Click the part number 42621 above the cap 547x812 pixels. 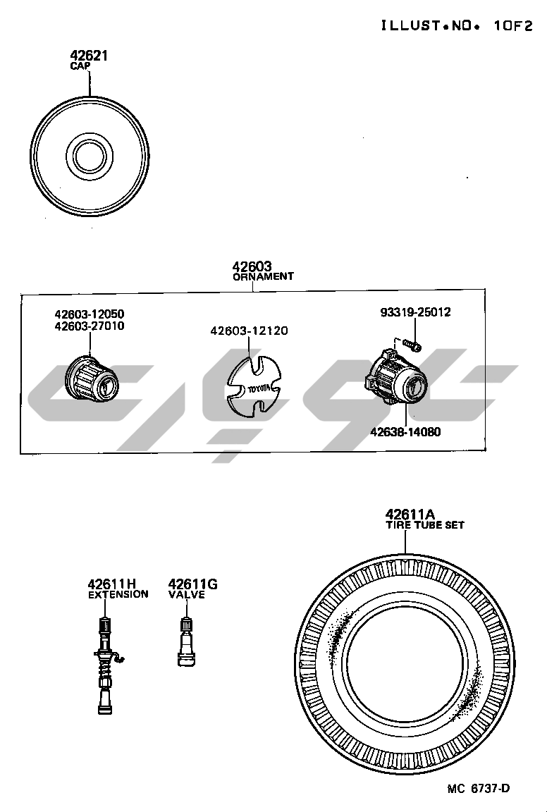[89, 56]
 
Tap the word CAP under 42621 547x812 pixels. [80, 66]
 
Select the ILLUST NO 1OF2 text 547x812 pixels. [456, 25]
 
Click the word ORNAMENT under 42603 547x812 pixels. [263, 276]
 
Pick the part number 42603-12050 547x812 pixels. [90, 314]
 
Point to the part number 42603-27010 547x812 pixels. [90, 326]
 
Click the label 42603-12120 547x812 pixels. [249, 331]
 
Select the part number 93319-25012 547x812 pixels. [415, 312]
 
